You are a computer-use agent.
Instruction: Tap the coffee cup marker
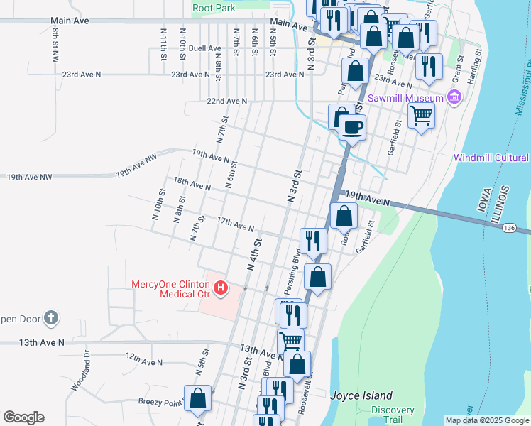pos(352,128)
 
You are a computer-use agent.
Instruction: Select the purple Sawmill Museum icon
pos(454,97)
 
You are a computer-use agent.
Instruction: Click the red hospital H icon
pos(221,288)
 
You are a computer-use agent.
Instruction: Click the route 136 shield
pos(508,228)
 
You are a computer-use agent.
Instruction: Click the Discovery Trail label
pos(393,415)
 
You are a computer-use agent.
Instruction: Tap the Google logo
pos(23,417)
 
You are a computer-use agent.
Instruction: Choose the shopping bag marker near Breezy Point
pos(198,398)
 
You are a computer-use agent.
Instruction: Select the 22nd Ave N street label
pos(226,102)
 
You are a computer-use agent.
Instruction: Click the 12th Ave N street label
pos(143,361)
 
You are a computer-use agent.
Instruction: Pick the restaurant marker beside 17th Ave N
pos(312,241)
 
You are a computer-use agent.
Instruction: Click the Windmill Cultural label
pos(491,158)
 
